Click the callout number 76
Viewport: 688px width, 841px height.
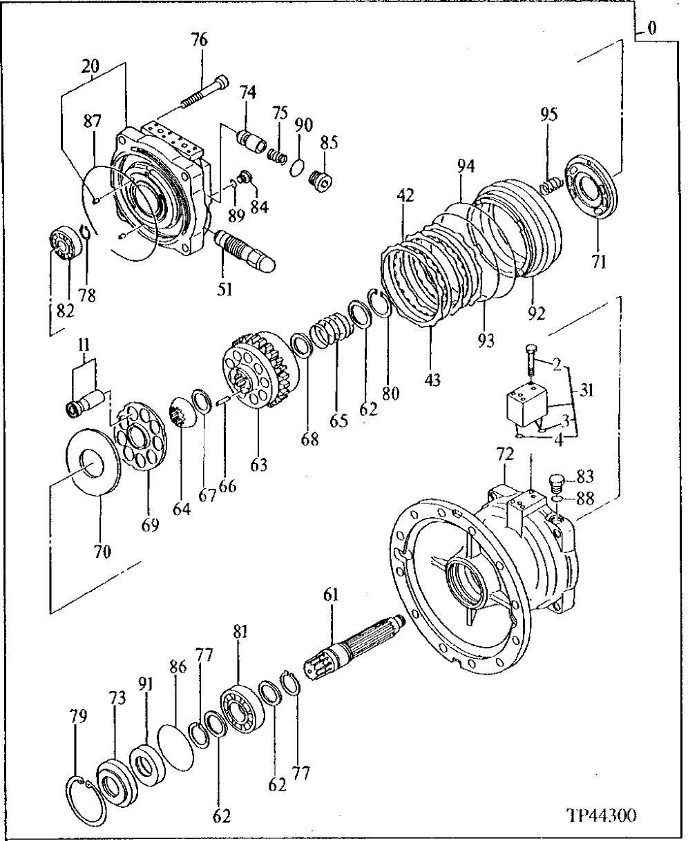pos(199,41)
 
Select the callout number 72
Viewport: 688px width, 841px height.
pos(506,454)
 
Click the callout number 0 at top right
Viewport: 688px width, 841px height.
pos(653,29)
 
